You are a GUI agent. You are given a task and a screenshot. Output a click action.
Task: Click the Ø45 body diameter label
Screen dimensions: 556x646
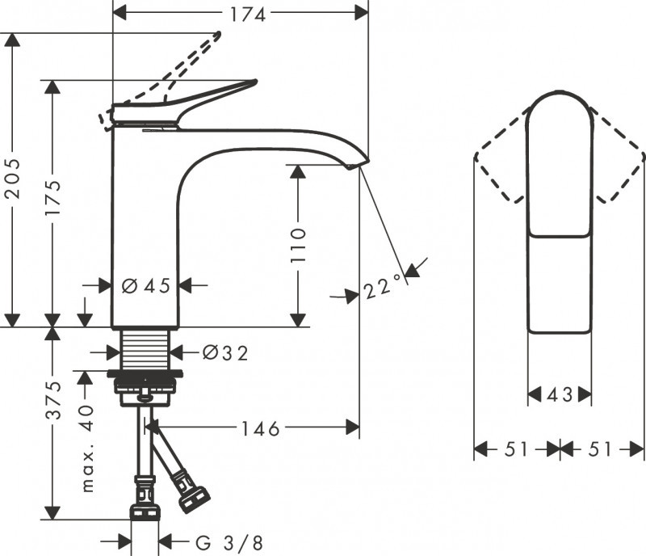point(145,285)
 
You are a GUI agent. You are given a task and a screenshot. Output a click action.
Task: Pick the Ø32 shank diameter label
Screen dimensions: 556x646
point(224,352)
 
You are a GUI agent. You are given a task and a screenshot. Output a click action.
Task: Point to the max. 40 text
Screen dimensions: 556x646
point(88,449)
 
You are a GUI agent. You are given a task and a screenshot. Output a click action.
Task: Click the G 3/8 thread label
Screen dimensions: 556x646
point(229,541)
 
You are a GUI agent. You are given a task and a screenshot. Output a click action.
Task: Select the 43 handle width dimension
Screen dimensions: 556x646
point(559,395)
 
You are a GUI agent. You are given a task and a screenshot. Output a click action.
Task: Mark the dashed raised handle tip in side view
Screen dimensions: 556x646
point(216,36)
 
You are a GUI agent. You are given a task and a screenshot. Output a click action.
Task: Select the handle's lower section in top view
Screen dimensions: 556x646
point(559,283)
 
